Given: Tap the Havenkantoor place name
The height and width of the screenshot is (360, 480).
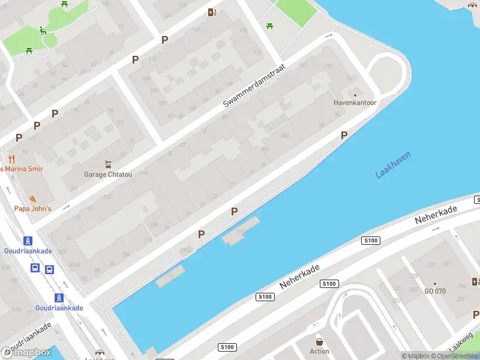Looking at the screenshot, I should pyautogui.click(x=355, y=103).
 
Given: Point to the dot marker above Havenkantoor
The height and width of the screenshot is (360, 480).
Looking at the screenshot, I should pyautogui.click(x=355, y=95).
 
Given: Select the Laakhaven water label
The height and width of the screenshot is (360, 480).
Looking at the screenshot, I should pyautogui.click(x=393, y=165).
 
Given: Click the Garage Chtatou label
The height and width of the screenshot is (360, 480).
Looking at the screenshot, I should pyautogui.click(x=108, y=175).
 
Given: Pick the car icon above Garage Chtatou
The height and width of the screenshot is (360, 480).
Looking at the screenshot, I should pyautogui.click(x=108, y=164).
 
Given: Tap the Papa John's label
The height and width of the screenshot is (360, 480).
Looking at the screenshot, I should pyautogui.click(x=33, y=208).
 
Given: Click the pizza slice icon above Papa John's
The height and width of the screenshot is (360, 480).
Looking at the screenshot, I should pyautogui.click(x=32, y=199).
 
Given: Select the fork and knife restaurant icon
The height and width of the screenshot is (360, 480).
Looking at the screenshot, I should pyautogui.click(x=11, y=160).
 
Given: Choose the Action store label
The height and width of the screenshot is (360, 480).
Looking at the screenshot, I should pyautogui.click(x=319, y=351).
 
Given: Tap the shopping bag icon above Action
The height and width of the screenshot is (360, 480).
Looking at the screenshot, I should pyautogui.click(x=319, y=341).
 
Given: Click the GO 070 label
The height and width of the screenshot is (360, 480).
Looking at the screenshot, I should pyautogui.click(x=435, y=291).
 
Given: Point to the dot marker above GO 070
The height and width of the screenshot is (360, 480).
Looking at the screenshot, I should pyautogui.click(x=435, y=283).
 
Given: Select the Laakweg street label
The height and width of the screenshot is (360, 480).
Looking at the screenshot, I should pyautogui.click(x=461, y=343).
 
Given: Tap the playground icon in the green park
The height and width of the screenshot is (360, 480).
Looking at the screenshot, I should pyautogui.click(x=42, y=30).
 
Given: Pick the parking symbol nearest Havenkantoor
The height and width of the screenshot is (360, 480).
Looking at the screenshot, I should pyautogui.click(x=344, y=135).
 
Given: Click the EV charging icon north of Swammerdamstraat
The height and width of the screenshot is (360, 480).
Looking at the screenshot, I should pyautogui.click(x=211, y=12).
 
